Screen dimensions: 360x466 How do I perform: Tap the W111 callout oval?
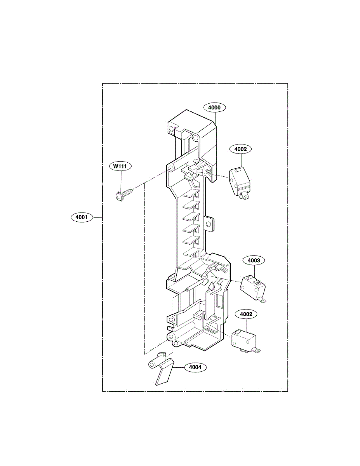(120, 166)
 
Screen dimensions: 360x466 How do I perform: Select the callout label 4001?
(82, 217)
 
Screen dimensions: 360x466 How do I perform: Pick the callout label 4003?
(254, 260)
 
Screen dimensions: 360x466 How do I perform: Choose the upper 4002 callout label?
(240, 149)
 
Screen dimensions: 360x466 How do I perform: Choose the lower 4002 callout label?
(245, 314)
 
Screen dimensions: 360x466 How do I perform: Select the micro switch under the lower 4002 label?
(243, 340)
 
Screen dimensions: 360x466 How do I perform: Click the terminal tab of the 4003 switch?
(264, 299)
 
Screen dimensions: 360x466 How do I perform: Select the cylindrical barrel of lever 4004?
(154, 364)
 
